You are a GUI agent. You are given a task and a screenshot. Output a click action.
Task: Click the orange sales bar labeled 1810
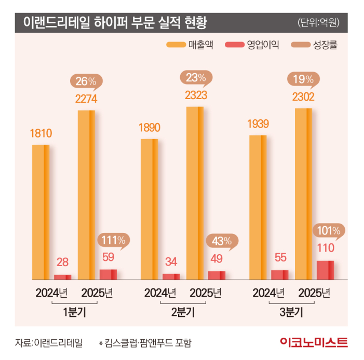point(41,212)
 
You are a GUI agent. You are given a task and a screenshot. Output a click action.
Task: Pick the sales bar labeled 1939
point(258,207)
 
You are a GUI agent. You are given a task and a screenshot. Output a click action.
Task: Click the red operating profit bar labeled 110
point(325,270)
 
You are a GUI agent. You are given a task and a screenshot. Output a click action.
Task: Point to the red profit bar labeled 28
point(62,276)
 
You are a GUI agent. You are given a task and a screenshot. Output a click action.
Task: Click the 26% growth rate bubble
point(86,81)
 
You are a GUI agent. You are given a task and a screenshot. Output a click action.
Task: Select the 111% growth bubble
point(113,240)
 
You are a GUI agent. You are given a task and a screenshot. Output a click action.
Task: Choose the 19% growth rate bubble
point(303,79)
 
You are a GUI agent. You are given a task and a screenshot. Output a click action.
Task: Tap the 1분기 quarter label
point(74,313)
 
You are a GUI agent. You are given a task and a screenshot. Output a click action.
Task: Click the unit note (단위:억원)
point(322,23)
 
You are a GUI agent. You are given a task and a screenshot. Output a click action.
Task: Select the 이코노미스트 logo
point(313,342)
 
